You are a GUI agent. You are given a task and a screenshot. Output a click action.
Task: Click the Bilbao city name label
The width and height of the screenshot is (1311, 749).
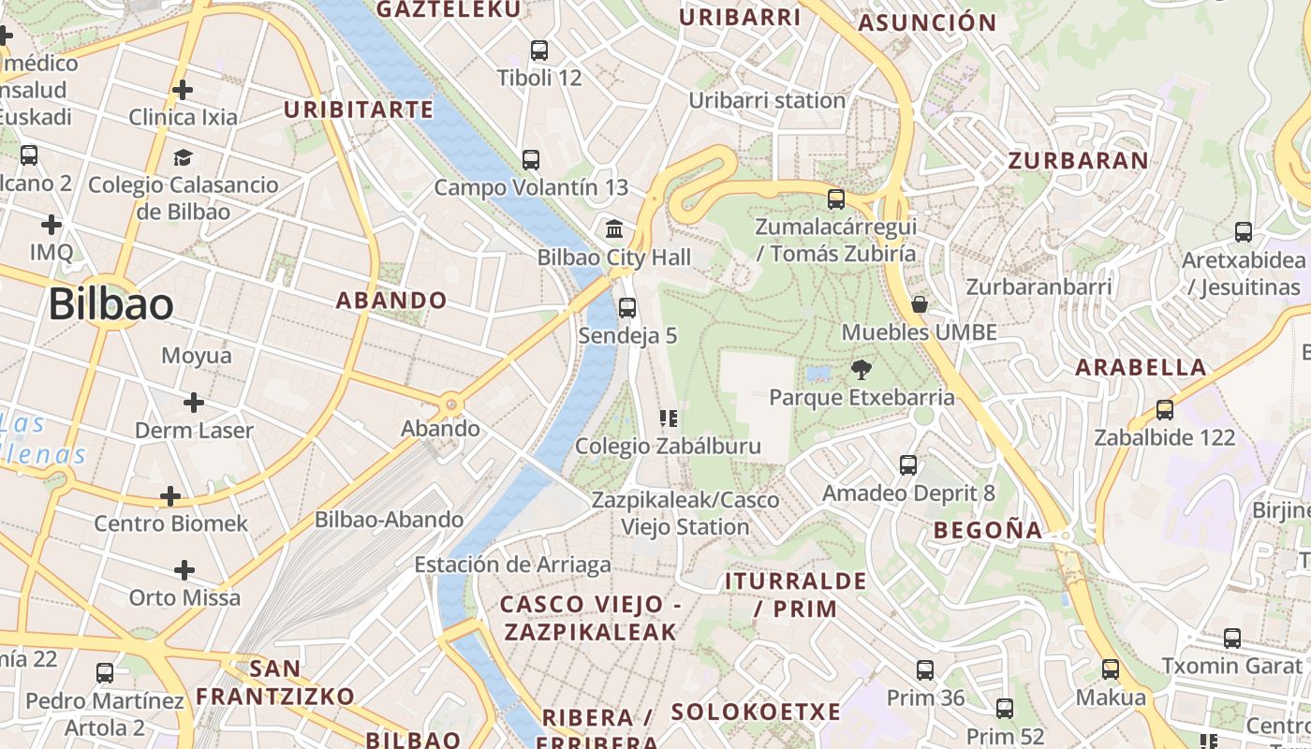point(110,305)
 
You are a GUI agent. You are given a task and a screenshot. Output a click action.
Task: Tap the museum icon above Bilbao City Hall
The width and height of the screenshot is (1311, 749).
point(615,228)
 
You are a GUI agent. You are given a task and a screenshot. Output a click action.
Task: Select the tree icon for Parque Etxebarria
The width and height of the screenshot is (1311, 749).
point(862,370)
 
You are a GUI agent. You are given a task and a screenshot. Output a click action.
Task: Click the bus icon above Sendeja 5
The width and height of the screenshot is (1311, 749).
point(627,307)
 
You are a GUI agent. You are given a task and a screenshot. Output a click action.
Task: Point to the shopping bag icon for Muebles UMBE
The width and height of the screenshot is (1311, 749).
point(920,304)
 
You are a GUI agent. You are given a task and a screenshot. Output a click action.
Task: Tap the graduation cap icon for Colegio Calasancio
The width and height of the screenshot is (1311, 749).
point(183,157)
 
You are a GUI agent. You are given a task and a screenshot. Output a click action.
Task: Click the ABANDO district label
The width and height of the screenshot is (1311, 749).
point(391,301)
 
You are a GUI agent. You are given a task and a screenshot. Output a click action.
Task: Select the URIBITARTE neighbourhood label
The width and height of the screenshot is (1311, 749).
point(359,110)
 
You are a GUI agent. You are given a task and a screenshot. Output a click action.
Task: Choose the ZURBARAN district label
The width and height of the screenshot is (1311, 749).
point(1078,160)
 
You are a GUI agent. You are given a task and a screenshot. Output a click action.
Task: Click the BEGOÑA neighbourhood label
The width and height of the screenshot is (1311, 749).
point(988,531)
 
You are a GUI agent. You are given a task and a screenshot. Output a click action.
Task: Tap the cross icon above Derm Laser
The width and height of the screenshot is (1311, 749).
point(194,403)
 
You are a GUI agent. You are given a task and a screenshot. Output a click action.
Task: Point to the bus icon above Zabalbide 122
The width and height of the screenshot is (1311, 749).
point(1165,410)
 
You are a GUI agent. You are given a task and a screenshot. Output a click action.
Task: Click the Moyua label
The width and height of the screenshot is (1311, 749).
point(197,356)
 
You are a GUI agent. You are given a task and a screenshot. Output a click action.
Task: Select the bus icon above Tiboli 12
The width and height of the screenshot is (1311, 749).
point(539,51)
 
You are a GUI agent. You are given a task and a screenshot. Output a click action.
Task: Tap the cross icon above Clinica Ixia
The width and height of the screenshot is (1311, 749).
point(183,90)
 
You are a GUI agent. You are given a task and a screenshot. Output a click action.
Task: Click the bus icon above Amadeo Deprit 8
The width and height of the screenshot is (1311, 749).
point(907,465)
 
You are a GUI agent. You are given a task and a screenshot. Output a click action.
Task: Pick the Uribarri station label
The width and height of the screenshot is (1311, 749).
point(767,100)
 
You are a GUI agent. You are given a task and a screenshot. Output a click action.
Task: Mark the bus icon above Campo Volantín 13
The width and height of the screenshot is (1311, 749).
point(531,160)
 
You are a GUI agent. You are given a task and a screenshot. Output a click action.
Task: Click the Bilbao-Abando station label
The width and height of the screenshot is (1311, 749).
point(389,520)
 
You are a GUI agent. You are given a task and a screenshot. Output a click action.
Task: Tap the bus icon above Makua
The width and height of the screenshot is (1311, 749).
point(1111,669)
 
